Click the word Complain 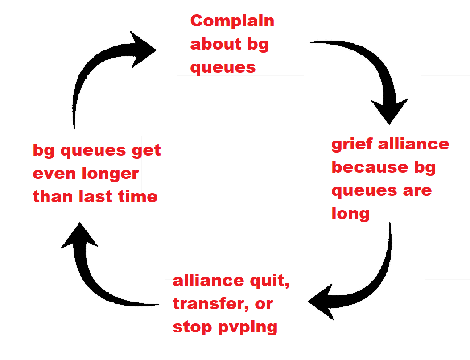[232, 21]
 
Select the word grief [351, 144]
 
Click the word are [417, 191]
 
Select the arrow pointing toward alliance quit [366, 281]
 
